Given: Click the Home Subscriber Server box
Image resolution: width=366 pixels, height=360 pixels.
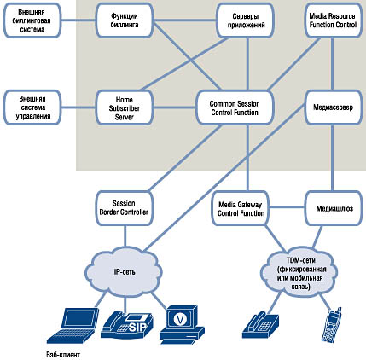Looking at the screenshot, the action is point(125,107).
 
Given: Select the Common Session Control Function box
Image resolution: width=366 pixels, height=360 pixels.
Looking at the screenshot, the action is point(235,107).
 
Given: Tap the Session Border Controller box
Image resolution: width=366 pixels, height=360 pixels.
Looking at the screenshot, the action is point(124,208).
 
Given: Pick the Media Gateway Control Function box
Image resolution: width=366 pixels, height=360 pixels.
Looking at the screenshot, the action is point(241,209).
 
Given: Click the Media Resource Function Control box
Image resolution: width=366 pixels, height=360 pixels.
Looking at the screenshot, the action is point(333,20).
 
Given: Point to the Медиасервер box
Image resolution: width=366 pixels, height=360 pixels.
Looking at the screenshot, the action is point(333,107).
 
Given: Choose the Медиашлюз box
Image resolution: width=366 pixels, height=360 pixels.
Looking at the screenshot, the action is point(334,208).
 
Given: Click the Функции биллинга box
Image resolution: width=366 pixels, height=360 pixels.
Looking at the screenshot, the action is point(125,20).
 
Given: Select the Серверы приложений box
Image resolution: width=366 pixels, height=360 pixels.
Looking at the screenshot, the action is point(245,20).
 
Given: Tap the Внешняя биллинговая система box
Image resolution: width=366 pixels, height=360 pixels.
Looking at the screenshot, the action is point(32,20).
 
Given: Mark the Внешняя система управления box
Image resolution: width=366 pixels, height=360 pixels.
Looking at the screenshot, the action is point(32,107).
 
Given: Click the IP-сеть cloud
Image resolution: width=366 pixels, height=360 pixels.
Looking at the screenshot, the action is point(125,271).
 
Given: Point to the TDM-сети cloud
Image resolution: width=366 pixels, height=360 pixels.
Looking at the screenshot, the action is point(299,272).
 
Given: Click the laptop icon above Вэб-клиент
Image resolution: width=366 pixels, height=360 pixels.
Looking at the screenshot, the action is point(73,326).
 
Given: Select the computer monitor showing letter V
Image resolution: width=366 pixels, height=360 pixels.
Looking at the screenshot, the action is point(182,325).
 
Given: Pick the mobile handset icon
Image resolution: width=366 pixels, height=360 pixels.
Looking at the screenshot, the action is point(332,325).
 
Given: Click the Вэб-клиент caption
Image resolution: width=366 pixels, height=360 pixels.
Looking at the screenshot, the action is point(63,355).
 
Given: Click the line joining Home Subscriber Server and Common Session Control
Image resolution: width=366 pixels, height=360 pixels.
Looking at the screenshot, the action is point(175,107).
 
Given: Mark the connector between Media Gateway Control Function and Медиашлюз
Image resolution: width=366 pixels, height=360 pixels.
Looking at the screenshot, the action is point(288,206).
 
